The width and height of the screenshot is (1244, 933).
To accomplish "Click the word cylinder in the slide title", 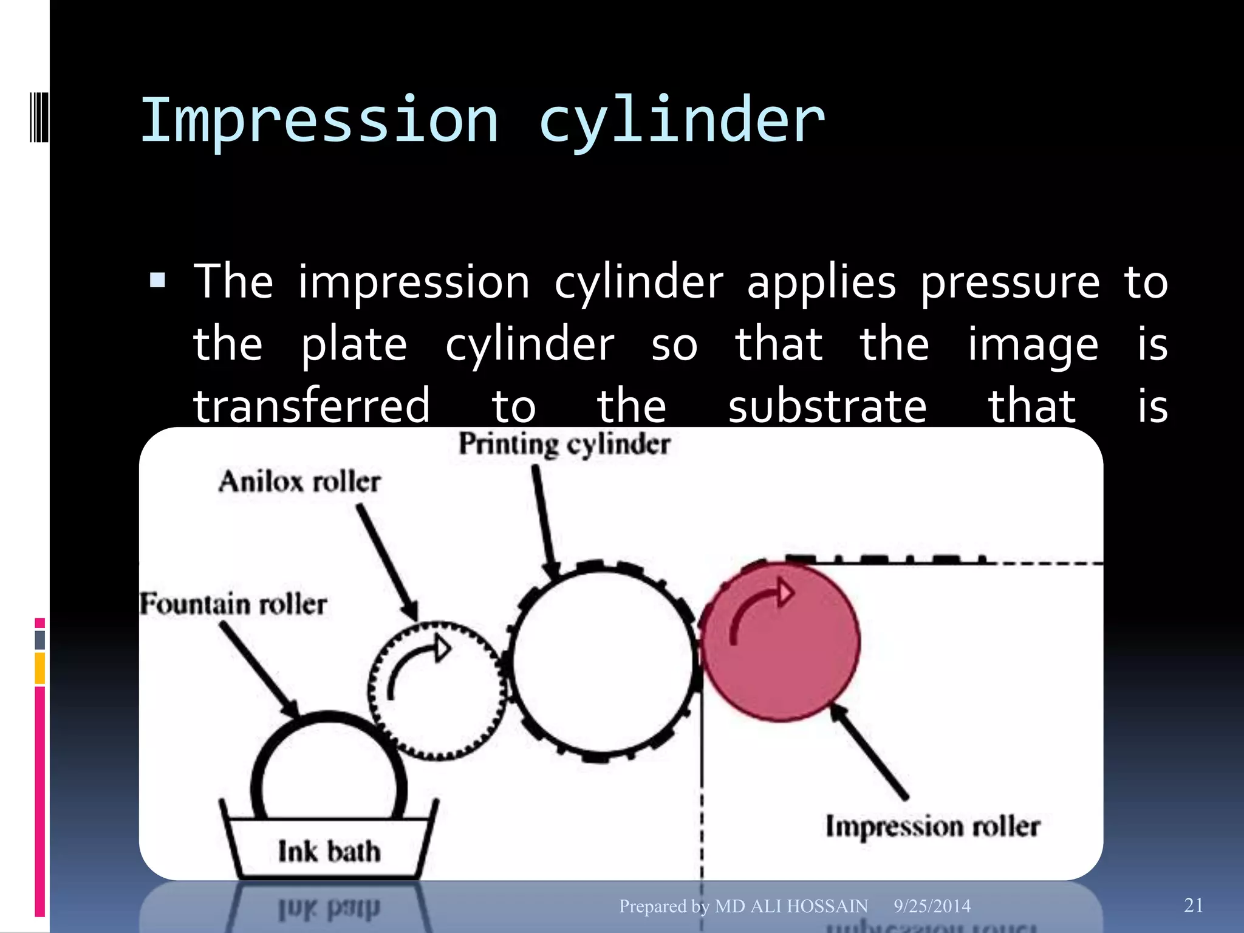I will (682, 121).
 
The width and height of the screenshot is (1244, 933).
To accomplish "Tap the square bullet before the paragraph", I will (158, 280).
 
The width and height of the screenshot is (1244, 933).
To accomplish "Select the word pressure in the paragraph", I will (1010, 284).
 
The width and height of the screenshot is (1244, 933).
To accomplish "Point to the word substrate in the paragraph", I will (827, 406).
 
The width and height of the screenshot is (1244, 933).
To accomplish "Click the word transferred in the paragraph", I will (312, 406).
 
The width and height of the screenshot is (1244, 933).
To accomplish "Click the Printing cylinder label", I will (564, 444).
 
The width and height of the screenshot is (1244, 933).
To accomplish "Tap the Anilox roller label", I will (299, 482).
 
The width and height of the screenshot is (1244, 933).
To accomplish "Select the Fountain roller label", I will (233, 604).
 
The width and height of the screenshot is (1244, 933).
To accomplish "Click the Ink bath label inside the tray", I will (329, 851).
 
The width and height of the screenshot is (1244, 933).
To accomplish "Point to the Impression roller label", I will (932, 827).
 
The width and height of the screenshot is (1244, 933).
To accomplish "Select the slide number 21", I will (1194, 905).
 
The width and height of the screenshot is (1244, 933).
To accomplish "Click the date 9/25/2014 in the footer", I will (932, 906).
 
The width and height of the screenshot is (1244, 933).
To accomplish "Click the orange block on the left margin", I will (40, 668).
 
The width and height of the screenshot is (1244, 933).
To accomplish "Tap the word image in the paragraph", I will (1033, 345).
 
